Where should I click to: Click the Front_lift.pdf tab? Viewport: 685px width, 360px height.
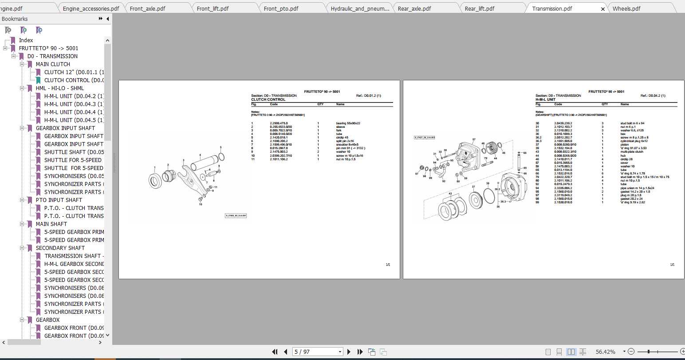(x=213, y=8)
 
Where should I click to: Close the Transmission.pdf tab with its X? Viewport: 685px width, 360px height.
(x=602, y=9)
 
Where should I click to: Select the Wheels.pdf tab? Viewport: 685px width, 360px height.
(x=626, y=8)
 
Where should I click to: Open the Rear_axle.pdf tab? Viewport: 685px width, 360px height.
(x=414, y=8)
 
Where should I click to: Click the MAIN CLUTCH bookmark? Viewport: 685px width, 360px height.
(x=53, y=64)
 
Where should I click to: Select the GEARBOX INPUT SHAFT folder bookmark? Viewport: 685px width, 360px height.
(x=65, y=128)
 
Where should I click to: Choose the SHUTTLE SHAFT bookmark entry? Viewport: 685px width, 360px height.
(x=74, y=152)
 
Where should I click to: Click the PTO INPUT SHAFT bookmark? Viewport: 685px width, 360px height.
(x=59, y=200)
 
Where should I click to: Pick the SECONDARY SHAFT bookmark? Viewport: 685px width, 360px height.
(x=60, y=248)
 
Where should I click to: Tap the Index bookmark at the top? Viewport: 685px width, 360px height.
(x=26, y=40)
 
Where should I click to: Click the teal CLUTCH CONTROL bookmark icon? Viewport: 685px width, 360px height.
(x=38, y=80)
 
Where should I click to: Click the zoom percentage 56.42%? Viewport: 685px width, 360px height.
(x=605, y=352)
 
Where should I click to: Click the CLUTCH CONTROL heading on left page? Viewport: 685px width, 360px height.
(x=268, y=99)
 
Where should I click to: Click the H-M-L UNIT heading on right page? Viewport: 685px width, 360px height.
(x=545, y=99)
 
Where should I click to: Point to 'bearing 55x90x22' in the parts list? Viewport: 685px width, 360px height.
(x=348, y=123)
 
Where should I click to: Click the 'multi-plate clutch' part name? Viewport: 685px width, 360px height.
(x=632, y=152)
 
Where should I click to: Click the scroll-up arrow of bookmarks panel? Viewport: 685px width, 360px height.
(x=107, y=40)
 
